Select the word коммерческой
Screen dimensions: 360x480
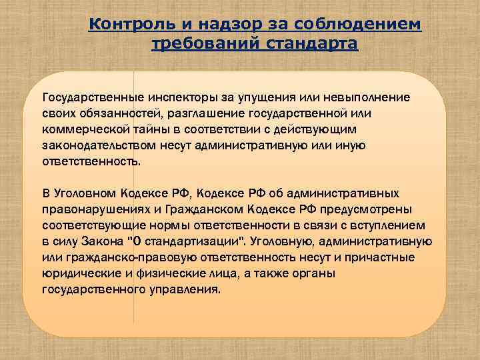(79, 129)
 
